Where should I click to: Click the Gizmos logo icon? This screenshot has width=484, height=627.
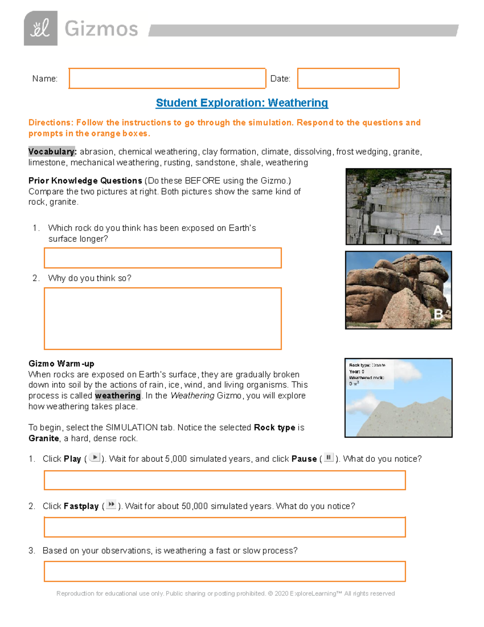coord(40,28)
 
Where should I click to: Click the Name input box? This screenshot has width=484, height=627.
coord(167,78)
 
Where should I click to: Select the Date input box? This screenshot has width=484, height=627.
coord(348,78)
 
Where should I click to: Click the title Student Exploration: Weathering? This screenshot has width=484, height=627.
coord(242,103)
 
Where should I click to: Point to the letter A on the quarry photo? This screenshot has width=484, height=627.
coord(438,231)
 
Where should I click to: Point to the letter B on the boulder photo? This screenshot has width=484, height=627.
coord(438,314)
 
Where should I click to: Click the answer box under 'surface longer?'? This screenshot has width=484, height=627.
coord(163,258)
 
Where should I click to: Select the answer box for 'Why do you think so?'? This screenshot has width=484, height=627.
coord(163,319)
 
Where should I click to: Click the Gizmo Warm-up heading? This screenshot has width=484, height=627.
coord(61,363)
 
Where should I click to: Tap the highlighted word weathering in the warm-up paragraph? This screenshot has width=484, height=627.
coord(118,396)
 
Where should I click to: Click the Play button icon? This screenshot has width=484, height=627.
coord(95,457)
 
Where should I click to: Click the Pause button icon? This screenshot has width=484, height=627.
coord(329,457)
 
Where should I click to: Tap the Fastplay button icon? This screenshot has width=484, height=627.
coord(111,505)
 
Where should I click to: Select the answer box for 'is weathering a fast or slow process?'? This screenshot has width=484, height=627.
coord(225,571)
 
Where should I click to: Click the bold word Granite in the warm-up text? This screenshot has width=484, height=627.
coord(44,438)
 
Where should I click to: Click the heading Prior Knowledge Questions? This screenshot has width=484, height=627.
coord(85,180)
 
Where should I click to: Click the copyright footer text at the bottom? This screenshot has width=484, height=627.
coord(225,593)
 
